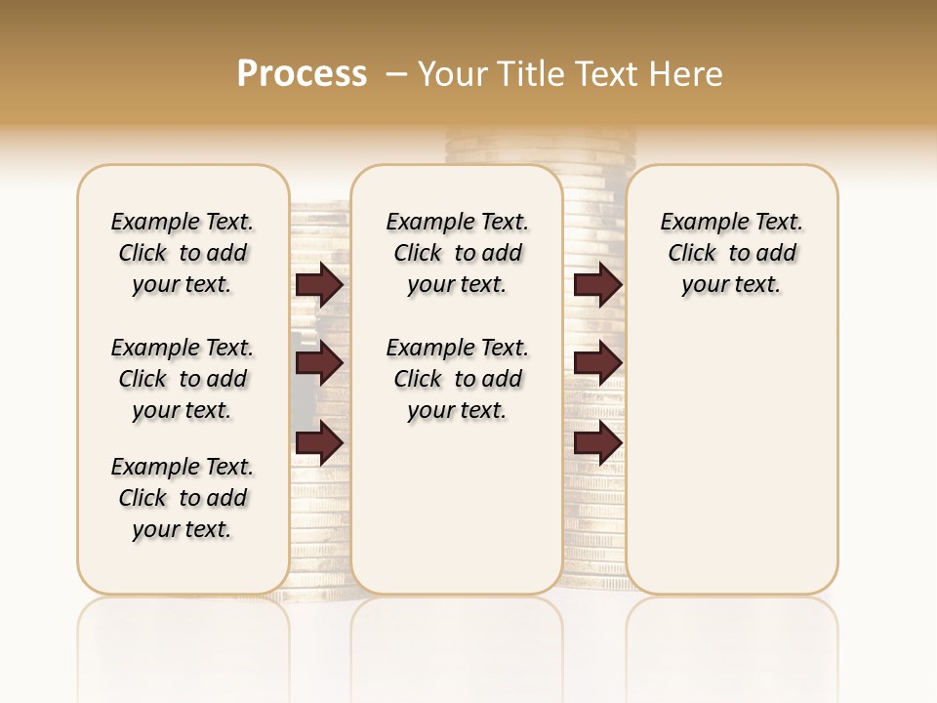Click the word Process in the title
tap(302, 73)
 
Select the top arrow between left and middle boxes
tap(319, 285)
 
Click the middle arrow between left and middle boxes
tap(319, 363)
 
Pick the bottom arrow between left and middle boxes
tap(319, 443)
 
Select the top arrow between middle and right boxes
tap(597, 285)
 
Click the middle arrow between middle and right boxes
tap(597, 363)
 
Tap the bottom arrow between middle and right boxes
tap(597, 443)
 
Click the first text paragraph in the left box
tap(183, 253)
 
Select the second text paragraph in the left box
tap(183, 379)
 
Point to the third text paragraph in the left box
tap(183, 498)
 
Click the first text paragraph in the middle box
tap(457, 253)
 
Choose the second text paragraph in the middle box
tap(457, 379)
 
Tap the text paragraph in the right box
tap(732, 253)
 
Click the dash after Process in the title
tap(395, 74)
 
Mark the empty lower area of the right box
tap(732, 459)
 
